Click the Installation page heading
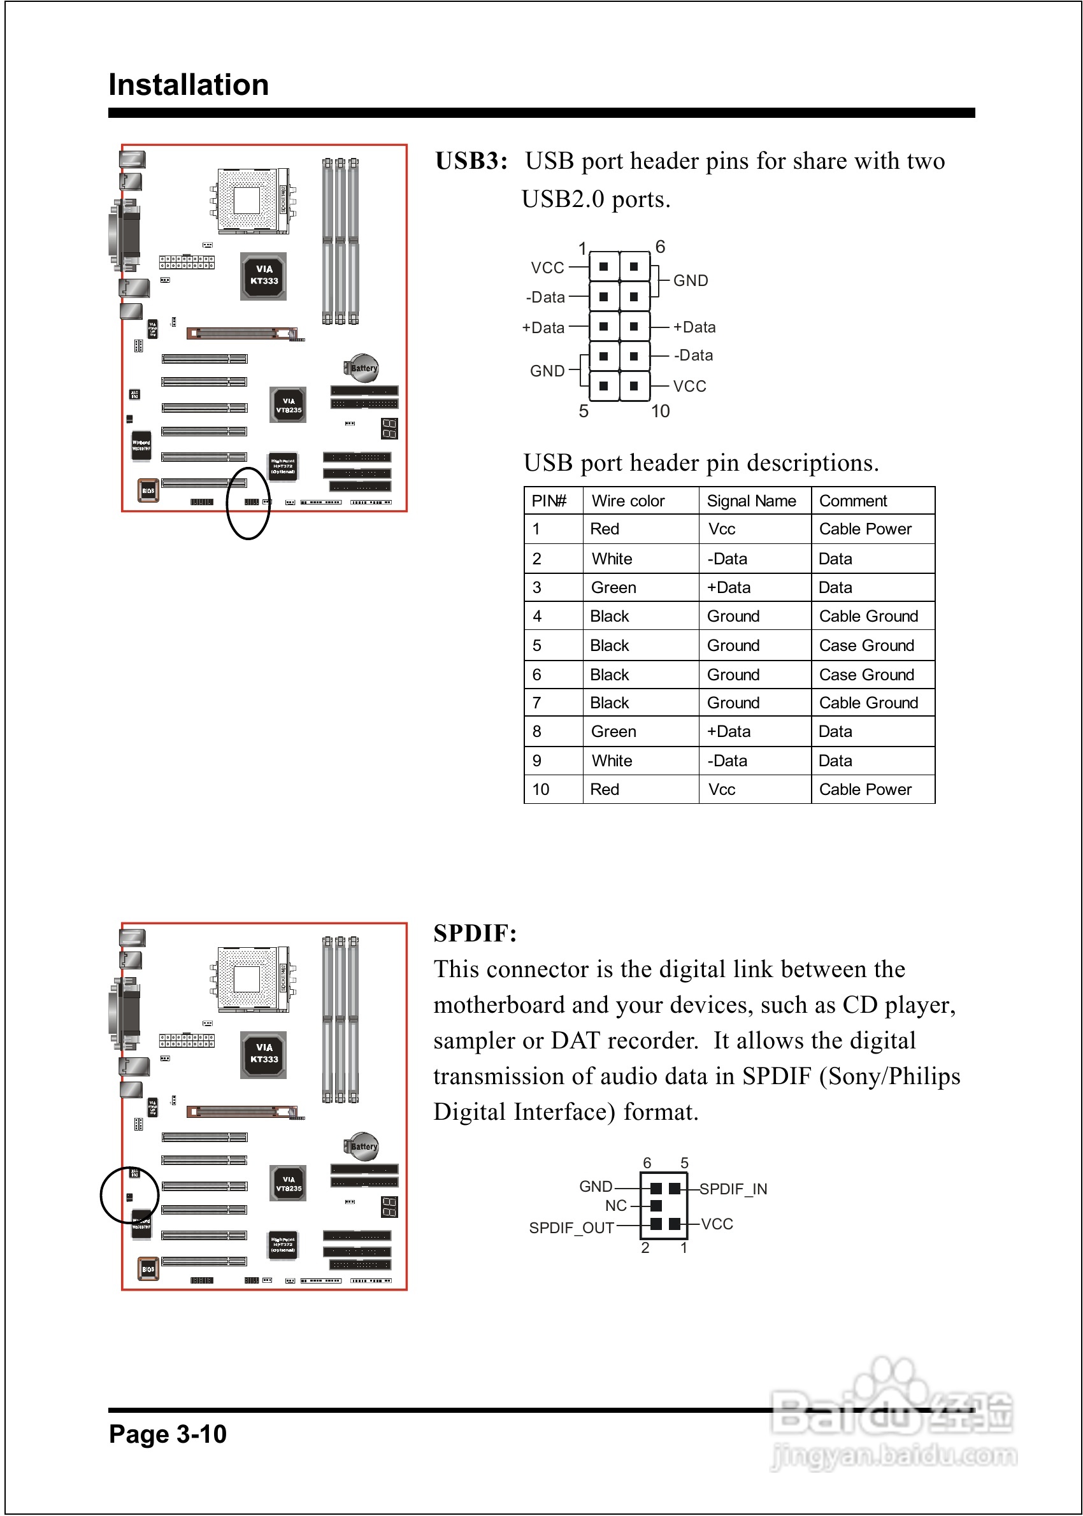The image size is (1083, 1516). coord(189,85)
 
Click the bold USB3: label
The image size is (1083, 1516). coord(471,161)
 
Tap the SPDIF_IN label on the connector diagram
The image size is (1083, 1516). coord(733,1189)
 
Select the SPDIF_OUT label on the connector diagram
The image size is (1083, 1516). coord(571,1227)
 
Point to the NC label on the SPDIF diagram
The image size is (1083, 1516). coord(615,1205)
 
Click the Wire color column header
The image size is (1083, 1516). coord(628,501)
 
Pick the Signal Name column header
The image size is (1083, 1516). coord(751,501)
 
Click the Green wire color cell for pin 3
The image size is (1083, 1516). coord(613,587)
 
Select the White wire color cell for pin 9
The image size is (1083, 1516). coord(612,761)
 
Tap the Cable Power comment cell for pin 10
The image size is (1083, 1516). coord(865,789)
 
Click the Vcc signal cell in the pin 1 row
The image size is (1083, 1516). coord(722,529)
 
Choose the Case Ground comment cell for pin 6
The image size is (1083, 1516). coord(866,675)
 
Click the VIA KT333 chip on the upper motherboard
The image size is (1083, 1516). coord(264,275)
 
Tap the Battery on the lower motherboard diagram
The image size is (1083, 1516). coord(362,1146)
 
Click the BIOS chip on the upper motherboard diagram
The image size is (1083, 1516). coord(148,490)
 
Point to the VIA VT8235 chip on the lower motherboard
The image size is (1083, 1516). coord(288,1183)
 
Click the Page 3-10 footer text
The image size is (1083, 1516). coord(168,1433)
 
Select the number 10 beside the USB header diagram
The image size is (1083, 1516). coord(659,411)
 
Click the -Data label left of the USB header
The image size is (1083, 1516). coord(545,297)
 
